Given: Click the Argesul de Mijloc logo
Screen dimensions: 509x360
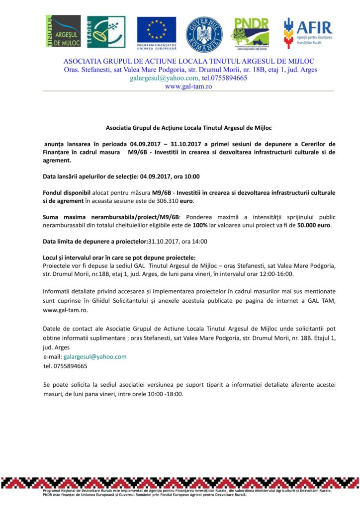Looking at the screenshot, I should click(63, 31).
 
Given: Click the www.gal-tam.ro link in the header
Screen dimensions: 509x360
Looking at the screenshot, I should click(188, 86).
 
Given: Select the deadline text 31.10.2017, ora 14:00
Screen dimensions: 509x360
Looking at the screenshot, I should click(178, 242).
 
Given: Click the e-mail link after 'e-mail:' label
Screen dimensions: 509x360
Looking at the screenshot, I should click(95, 356).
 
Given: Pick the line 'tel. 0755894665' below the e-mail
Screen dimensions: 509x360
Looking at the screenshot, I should click(65, 366).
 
